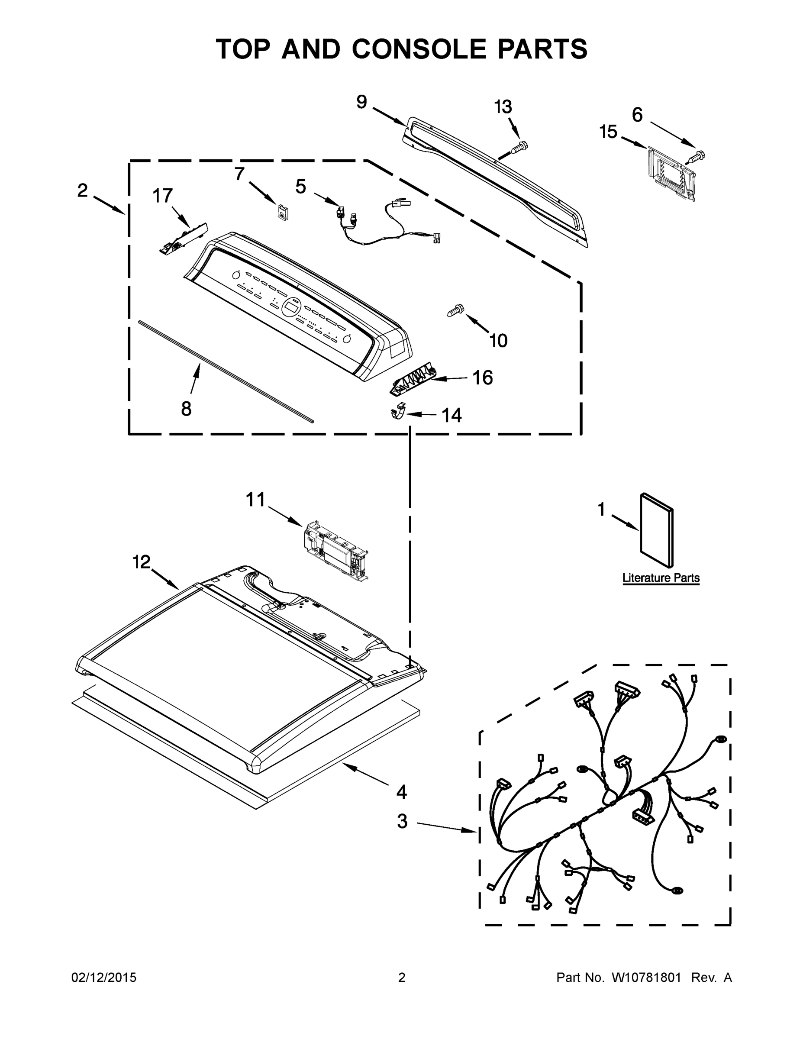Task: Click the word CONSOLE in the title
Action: pyautogui.click(x=420, y=49)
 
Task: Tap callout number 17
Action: pyautogui.click(x=162, y=196)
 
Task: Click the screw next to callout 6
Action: pyautogui.click(x=697, y=156)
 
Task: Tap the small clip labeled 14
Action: pyautogui.click(x=398, y=411)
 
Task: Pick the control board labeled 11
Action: pyautogui.click(x=335, y=549)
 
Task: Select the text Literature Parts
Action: pyautogui.click(x=661, y=578)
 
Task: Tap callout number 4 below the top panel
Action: pyautogui.click(x=402, y=792)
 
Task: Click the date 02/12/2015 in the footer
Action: pyautogui.click(x=104, y=978)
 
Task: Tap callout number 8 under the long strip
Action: pyautogui.click(x=186, y=409)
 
